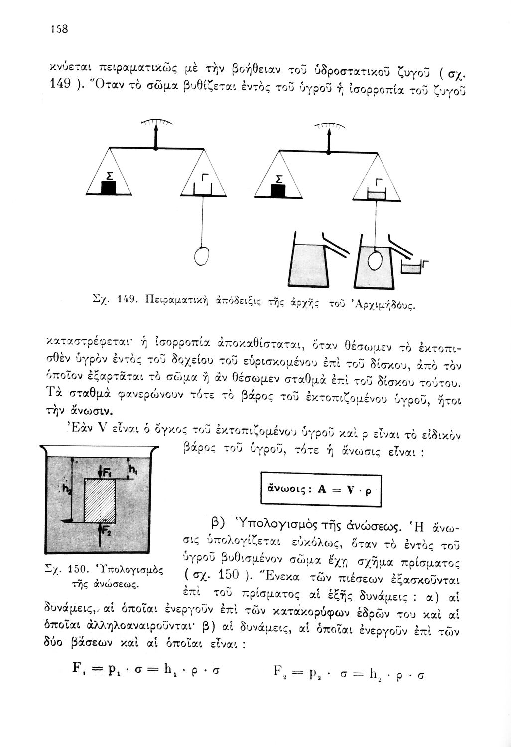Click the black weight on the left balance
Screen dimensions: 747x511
(109, 188)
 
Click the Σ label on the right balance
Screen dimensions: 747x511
(279, 178)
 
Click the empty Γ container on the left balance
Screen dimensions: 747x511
(203, 188)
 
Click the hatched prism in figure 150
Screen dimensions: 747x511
(100, 500)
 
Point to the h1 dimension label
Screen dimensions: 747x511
(133, 468)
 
